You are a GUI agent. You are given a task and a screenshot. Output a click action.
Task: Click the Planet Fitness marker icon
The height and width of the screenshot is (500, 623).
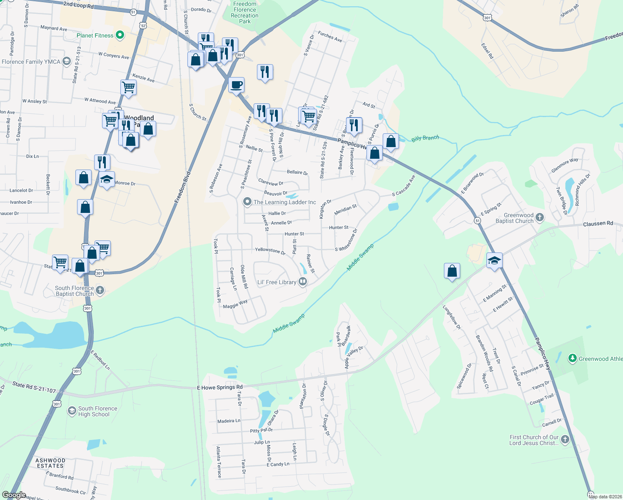[120, 35]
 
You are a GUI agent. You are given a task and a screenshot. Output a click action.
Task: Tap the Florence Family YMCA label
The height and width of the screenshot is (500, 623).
[31, 62]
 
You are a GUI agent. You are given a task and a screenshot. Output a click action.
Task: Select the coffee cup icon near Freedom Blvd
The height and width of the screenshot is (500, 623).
[237, 85]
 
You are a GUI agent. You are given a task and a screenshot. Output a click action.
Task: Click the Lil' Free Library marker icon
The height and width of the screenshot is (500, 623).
[303, 282]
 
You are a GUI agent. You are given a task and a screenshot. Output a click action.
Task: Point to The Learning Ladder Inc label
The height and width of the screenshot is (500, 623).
[285, 202]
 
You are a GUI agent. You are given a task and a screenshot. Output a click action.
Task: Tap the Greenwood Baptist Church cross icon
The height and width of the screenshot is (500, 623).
[540, 217]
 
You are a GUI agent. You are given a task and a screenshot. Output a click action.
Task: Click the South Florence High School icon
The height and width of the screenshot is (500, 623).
[72, 411]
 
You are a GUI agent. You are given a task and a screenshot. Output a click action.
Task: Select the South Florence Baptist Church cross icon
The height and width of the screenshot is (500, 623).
[100, 290]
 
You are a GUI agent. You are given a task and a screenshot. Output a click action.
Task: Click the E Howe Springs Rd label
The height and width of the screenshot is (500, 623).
[219, 387]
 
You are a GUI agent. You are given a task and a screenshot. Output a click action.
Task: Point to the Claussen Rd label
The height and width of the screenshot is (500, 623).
[598, 224]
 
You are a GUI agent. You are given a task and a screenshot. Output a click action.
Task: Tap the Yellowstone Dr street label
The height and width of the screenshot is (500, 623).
[270, 250]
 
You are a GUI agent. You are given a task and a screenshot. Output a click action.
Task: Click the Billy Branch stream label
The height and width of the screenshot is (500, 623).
[425, 138]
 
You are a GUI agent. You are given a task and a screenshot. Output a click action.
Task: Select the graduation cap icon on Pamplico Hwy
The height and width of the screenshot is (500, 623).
[494, 261]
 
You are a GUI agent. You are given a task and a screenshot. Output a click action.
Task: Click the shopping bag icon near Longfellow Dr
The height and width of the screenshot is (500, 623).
[452, 271]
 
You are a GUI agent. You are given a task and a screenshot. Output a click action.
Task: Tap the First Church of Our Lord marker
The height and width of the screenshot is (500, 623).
[565, 440]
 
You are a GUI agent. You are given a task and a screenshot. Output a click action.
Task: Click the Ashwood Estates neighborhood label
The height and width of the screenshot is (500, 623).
[50, 463]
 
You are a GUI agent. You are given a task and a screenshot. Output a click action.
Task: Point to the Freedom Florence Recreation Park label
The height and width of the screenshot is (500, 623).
[245, 12]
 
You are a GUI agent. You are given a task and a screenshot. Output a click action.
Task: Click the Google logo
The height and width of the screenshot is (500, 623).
[14, 495]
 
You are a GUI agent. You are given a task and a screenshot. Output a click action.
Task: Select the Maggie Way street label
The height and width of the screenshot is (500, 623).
[235, 304]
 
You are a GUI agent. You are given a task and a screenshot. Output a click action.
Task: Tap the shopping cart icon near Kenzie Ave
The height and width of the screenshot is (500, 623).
[128, 87]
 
